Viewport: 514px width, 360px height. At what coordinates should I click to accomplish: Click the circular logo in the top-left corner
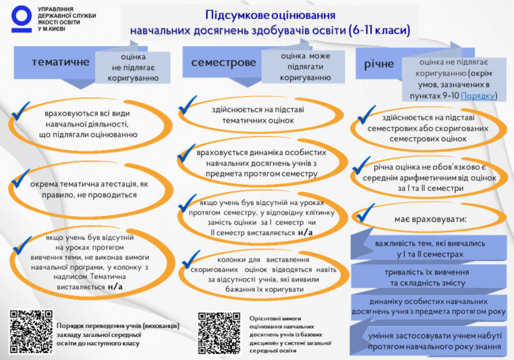(x=21, y=19)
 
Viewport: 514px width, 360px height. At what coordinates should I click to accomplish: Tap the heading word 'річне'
(x=378, y=64)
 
